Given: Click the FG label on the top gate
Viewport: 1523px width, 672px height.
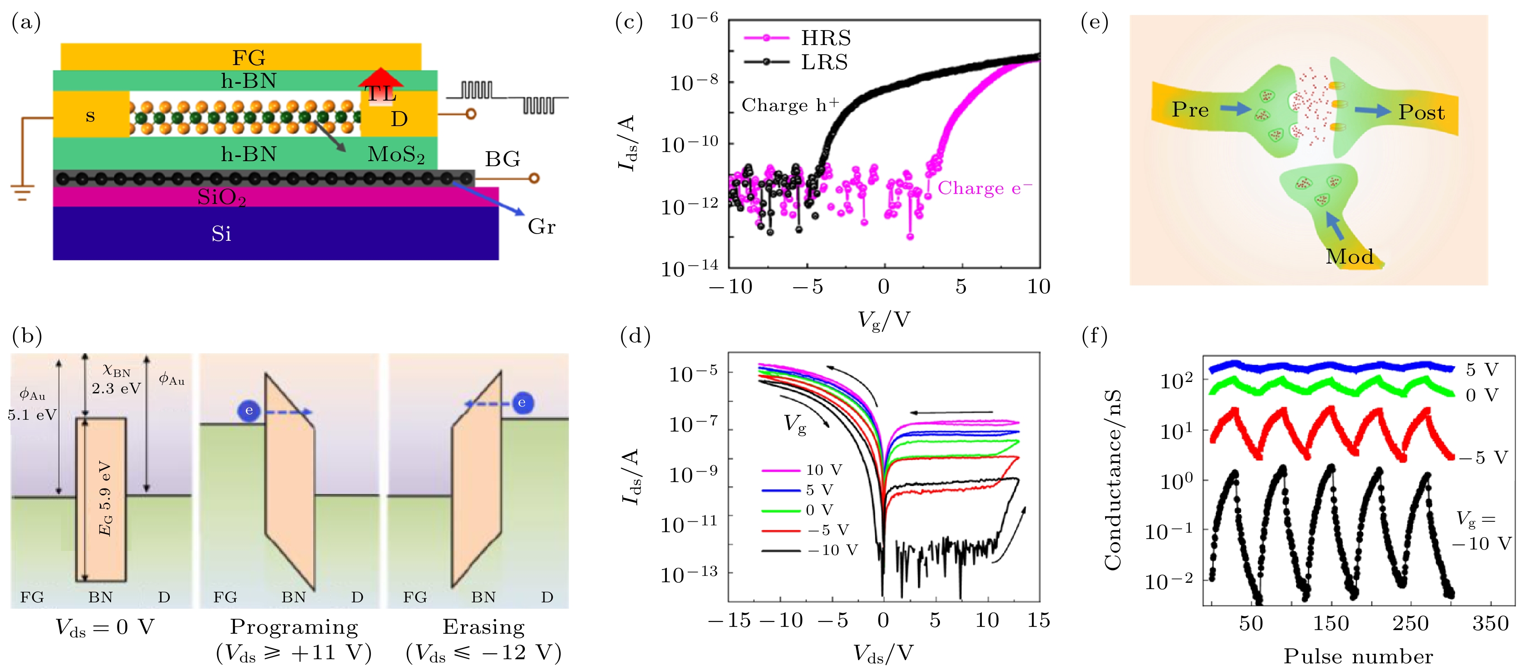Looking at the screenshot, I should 249,57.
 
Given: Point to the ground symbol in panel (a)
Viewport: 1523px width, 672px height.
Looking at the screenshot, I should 22,192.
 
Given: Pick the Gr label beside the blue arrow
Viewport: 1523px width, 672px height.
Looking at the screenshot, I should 541,227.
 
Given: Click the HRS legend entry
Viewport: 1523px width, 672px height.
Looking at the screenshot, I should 825,38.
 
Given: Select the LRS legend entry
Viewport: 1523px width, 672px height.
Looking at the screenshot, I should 824,61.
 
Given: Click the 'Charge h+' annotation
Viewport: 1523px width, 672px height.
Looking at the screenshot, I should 790,105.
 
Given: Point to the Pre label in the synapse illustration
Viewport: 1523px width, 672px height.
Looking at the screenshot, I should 1190,109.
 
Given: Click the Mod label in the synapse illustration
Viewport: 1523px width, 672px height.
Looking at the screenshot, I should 1349,256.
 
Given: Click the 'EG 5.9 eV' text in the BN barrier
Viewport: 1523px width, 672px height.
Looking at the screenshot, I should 105,498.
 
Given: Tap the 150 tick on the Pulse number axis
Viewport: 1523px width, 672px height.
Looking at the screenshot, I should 1331,623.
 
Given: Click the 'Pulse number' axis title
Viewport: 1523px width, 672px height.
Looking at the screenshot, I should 1358,656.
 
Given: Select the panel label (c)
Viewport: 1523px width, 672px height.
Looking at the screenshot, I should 629,22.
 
